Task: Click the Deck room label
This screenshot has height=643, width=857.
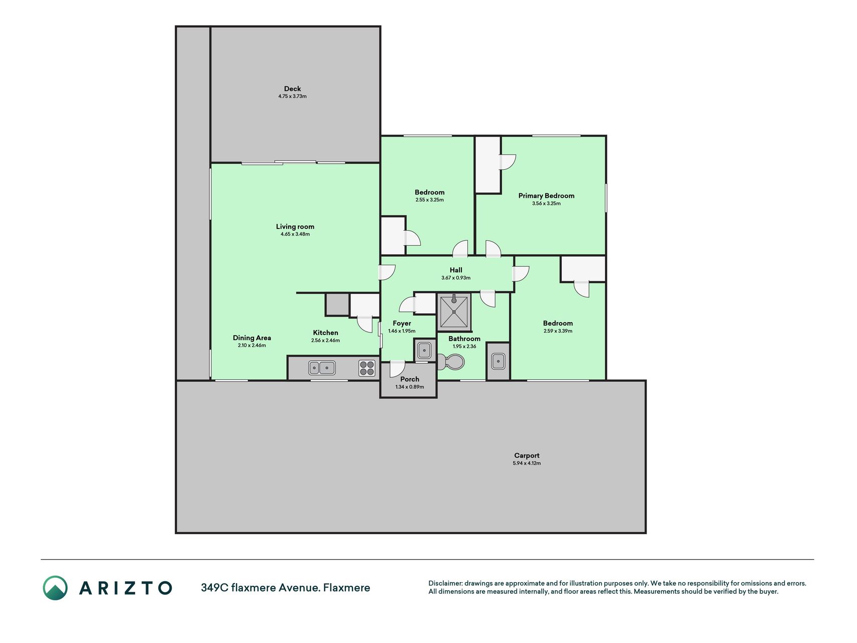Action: (x=292, y=89)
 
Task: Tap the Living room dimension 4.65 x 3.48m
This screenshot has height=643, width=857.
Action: (x=295, y=234)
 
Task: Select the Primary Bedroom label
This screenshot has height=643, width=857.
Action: (x=546, y=196)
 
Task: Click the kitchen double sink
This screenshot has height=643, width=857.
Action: (x=322, y=368)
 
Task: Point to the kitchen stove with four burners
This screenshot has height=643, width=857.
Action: (x=367, y=368)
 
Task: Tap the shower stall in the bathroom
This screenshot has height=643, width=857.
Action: (x=454, y=312)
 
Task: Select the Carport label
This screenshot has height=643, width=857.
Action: (x=527, y=456)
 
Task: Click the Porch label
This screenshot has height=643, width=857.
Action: (x=410, y=379)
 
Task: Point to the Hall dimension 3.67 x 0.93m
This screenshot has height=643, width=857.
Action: (x=456, y=278)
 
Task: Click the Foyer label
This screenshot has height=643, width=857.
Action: (x=402, y=324)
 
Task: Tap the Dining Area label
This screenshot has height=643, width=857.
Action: (x=252, y=338)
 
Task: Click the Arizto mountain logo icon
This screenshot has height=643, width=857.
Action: (x=55, y=588)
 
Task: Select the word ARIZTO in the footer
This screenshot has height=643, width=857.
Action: (x=126, y=588)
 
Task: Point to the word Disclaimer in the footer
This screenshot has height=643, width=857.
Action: (x=445, y=584)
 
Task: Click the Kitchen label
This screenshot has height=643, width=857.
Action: (x=325, y=333)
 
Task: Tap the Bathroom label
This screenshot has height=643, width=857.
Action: (x=464, y=339)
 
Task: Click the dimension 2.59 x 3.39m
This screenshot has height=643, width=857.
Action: (x=558, y=331)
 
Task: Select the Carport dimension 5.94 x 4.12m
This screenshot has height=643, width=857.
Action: (x=527, y=463)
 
